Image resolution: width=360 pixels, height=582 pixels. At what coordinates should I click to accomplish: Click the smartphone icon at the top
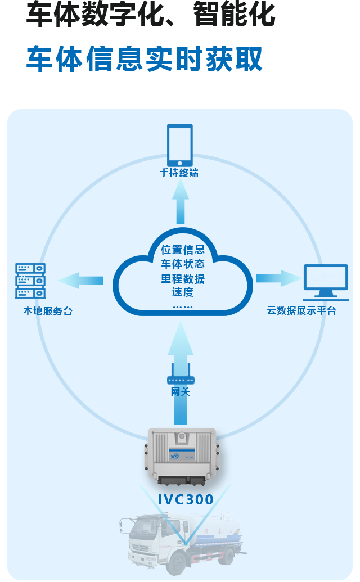coord(180,145)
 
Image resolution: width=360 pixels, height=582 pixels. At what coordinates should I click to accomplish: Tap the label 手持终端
coord(179,173)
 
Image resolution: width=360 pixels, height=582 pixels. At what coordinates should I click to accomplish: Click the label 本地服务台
coord(48,311)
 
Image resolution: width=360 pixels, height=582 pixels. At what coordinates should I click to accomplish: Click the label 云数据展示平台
coord(301,310)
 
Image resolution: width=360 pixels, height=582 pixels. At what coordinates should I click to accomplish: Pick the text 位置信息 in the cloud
coord(182,250)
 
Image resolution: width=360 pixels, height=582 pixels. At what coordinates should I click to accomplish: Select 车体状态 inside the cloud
coord(182,264)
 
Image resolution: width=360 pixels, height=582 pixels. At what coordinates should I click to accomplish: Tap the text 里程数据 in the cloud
coord(182,279)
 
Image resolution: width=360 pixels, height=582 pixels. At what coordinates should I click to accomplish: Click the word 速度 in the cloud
coord(182,292)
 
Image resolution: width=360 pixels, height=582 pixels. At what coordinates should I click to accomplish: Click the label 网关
coord(181,391)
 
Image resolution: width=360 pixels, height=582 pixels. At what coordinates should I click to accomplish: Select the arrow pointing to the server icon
coord(82,280)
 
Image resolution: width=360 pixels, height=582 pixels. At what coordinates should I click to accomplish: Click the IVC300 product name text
coord(186,499)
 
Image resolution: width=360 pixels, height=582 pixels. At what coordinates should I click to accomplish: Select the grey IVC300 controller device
coord(182,455)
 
